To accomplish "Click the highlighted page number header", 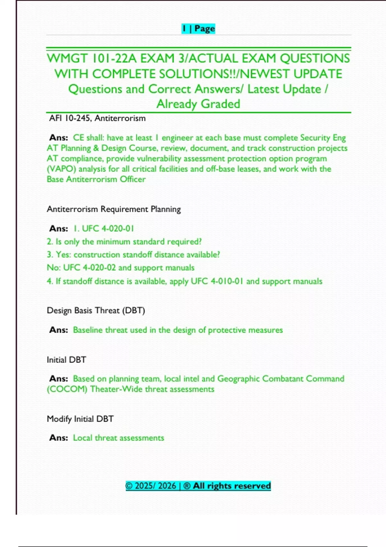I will coord(198,29).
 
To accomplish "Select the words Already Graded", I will coord(198,104).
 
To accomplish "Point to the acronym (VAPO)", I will coord(61,169).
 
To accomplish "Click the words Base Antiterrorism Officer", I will coord(96,179).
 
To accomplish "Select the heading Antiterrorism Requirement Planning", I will coord(114,209).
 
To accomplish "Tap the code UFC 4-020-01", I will coord(108,228).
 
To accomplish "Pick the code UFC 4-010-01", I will coord(217,281).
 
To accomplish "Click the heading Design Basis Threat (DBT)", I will coord(96,311).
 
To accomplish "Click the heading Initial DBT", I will coord(66,360).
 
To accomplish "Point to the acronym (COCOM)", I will coord(67,389).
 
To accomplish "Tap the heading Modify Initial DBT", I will coord(80,419).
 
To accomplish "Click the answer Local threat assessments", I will coord(118,438).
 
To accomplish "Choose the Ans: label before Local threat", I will coord(59,438).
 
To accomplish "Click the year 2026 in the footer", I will coord(167,486).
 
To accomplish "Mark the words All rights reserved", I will coord(232,486).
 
